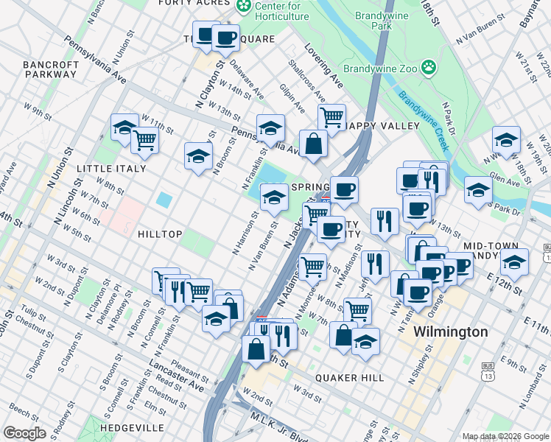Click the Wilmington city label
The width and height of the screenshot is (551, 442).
point(450,331)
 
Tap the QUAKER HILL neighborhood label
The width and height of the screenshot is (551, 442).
point(349,377)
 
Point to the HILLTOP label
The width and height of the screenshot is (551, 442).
point(160,234)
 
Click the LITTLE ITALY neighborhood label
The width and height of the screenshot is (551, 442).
point(113,167)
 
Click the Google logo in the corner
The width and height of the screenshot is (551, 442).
point(24,433)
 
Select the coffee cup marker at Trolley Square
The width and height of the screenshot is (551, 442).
point(225,38)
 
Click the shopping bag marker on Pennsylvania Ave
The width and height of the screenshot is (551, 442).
point(313,143)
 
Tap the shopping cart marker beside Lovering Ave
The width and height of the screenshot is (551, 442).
point(331,116)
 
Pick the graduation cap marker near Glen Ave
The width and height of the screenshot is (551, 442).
point(478,190)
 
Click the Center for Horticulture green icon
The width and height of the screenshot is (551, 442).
point(244,6)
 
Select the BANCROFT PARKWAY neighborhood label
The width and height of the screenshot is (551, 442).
point(51,70)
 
